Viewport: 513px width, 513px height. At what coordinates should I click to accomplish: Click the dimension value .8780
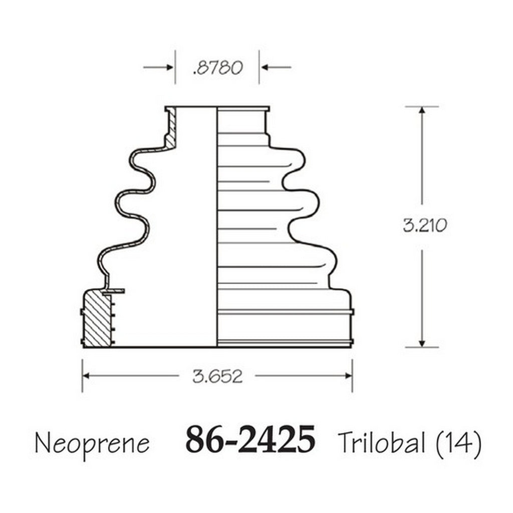pos(217,67)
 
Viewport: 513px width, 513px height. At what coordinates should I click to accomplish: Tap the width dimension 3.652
pos(217,376)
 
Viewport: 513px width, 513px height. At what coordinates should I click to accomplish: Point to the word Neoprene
pos(92,443)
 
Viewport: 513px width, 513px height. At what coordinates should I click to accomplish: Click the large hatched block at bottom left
pos(97,319)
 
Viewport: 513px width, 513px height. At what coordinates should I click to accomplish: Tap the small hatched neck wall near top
pos(172,129)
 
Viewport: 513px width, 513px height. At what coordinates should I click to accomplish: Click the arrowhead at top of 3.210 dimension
pos(422,111)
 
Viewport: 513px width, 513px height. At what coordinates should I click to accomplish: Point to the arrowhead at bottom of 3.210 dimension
pos(422,342)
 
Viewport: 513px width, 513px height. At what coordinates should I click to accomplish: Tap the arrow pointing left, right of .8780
pos(265,67)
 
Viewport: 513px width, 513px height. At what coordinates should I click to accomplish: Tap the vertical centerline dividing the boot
pos(217,225)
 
